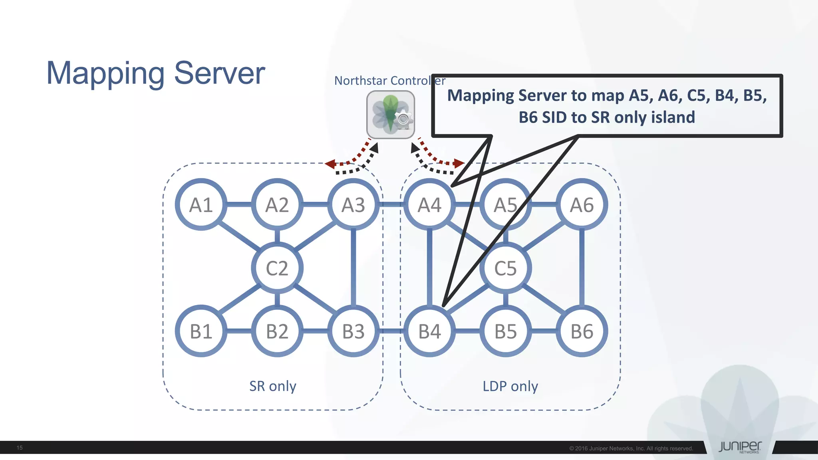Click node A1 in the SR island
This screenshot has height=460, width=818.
[x=201, y=204]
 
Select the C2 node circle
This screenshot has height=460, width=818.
[x=277, y=268]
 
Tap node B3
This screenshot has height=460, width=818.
[x=353, y=331]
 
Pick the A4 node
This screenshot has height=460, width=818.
[x=429, y=204]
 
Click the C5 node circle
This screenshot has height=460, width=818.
[x=506, y=268]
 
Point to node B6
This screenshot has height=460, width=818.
[x=582, y=331]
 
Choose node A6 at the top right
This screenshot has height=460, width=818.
[x=582, y=204]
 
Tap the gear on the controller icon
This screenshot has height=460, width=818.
[x=403, y=119]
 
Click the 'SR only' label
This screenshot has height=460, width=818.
[x=273, y=386]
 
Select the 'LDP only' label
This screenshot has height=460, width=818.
[x=510, y=386]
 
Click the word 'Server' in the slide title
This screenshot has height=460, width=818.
[x=219, y=73]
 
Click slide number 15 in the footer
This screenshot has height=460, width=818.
[x=20, y=448]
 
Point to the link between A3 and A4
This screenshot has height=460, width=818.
[x=391, y=204]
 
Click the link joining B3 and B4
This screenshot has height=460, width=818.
[x=391, y=331]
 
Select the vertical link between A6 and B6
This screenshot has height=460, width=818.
[x=582, y=268]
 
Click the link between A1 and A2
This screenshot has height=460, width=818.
[x=239, y=204]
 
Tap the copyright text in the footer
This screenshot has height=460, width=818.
[x=631, y=448]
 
